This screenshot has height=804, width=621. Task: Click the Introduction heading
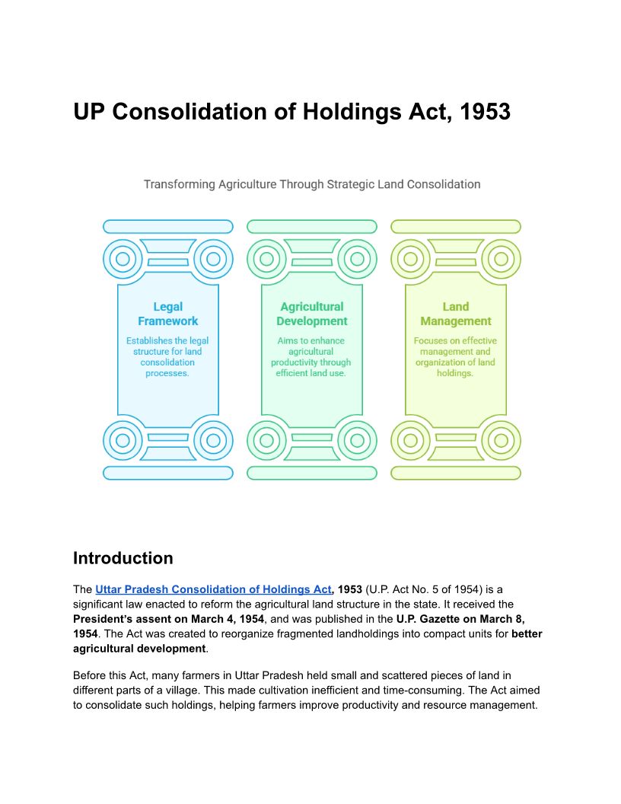[123, 558]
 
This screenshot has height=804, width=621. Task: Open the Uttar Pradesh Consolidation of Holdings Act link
[213, 589]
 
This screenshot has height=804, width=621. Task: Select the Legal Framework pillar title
[167, 314]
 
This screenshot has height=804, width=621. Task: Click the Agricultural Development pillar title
[311, 314]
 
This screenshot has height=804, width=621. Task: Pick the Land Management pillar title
[455, 314]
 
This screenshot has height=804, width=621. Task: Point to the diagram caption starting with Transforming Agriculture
[312, 184]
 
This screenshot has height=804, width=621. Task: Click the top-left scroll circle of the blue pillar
[123, 259]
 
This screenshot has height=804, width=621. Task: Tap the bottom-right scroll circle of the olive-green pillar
[501, 440]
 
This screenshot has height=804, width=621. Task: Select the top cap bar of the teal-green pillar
[311, 227]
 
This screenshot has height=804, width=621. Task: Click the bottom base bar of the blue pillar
[167, 473]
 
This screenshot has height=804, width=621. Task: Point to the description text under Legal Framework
[167, 357]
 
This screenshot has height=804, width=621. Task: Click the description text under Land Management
[455, 357]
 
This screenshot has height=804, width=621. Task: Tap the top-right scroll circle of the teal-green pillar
[357, 259]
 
